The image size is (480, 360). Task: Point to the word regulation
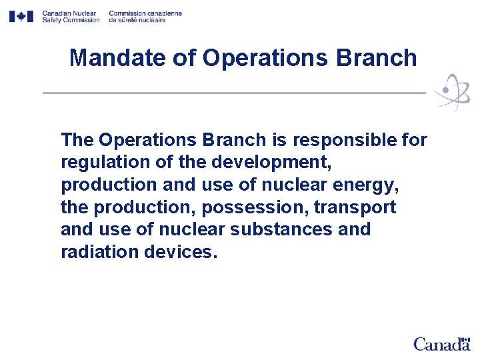(x=100, y=163)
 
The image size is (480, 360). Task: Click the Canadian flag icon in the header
(x=21, y=17)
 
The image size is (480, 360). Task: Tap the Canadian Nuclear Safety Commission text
(x=70, y=17)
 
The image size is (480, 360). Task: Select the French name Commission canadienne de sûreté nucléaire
(x=145, y=17)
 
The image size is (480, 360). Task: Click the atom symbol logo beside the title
(x=451, y=92)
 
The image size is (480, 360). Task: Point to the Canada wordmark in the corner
(x=441, y=345)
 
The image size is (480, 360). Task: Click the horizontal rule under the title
(x=233, y=93)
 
